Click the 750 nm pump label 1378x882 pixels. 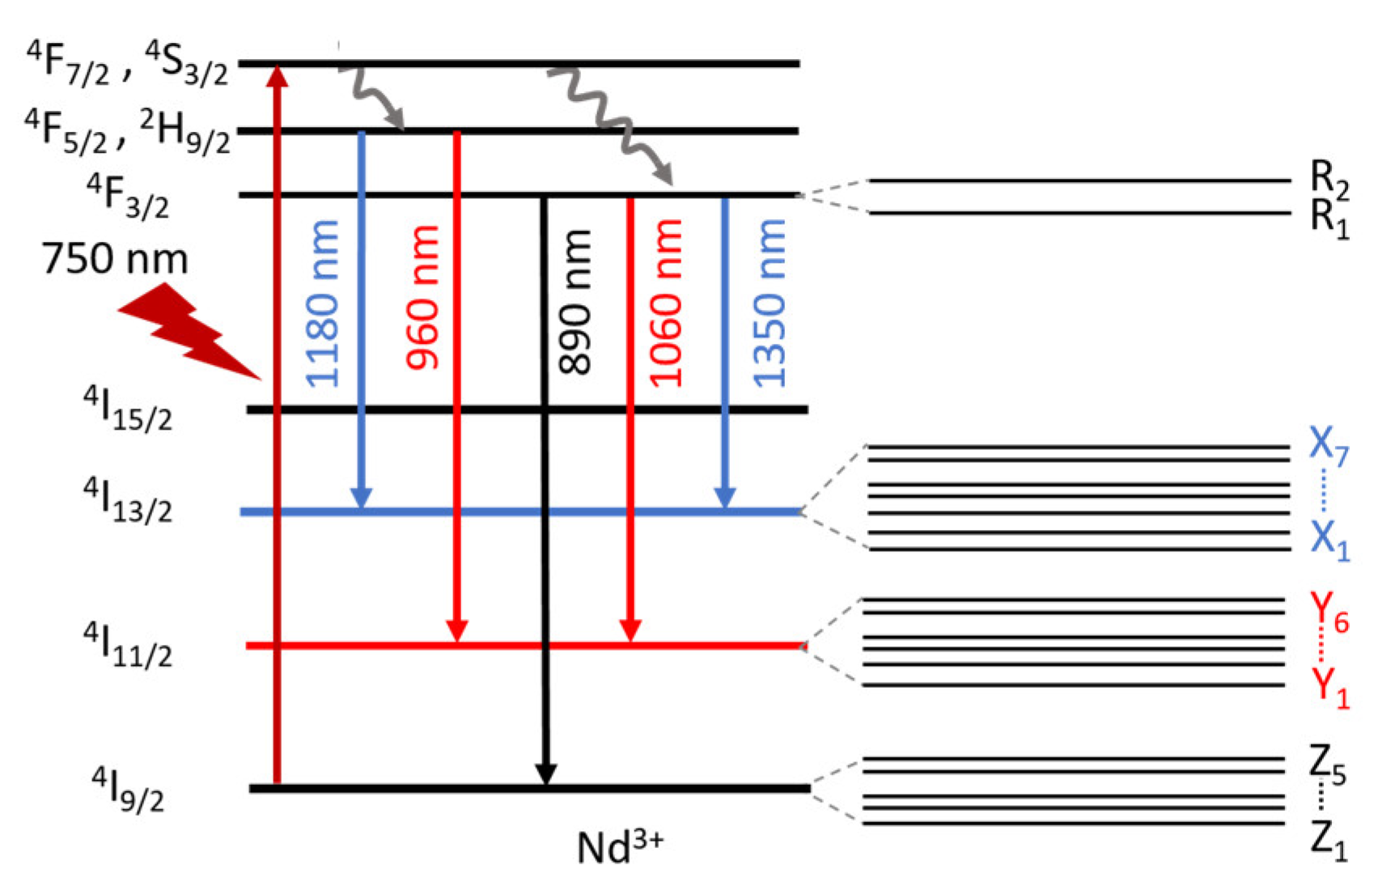[x=115, y=259]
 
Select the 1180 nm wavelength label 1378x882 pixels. [x=322, y=303]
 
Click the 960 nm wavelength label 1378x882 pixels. [x=422, y=298]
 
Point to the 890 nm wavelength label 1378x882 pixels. [x=575, y=302]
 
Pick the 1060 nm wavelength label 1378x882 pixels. [x=666, y=303]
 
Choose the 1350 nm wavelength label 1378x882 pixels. [x=769, y=303]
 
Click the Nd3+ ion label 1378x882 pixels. [x=620, y=846]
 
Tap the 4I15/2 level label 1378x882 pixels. [x=128, y=408]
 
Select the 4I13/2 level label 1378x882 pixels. [x=128, y=500]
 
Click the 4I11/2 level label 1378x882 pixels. [x=128, y=645]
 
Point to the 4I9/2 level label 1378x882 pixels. [x=128, y=789]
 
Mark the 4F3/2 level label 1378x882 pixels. [x=128, y=197]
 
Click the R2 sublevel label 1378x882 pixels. [x=1329, y=180]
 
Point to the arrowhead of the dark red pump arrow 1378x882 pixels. [x=278, y=74]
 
